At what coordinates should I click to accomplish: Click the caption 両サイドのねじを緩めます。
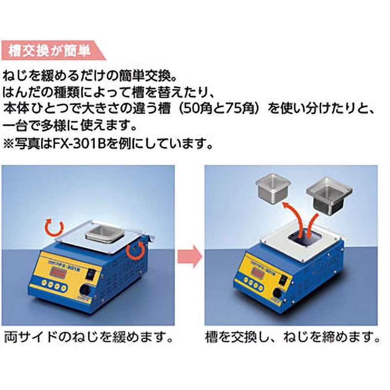(89, 337)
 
